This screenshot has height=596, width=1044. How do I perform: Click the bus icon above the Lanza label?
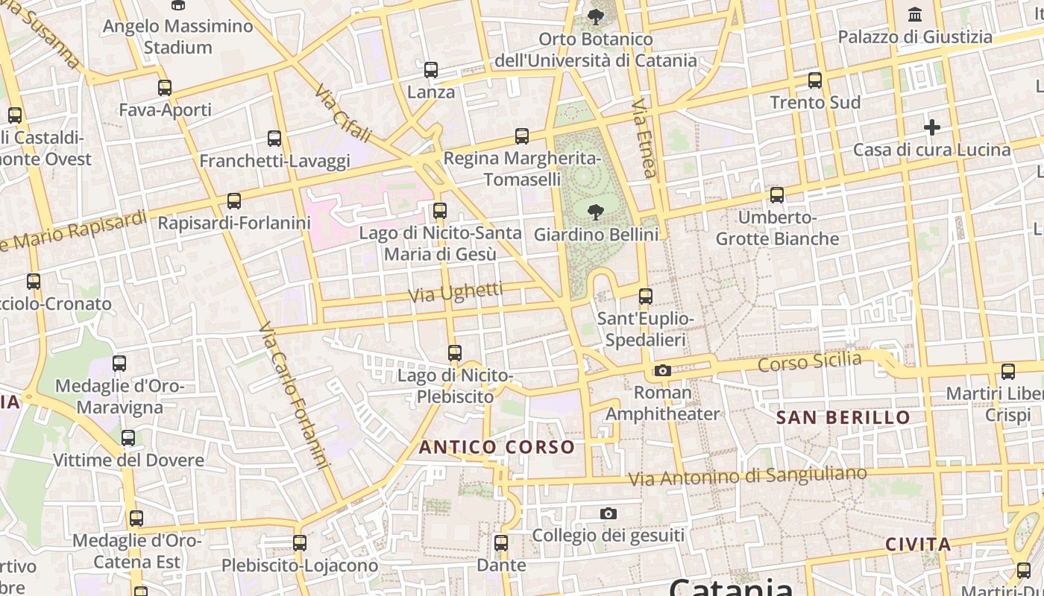(x=431, y=70)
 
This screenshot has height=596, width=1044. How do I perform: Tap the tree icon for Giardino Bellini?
(x=595, y=213)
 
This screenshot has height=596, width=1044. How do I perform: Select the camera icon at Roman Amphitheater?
(x=662, y=370)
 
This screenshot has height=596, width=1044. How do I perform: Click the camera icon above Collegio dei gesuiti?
(x=609, y=513)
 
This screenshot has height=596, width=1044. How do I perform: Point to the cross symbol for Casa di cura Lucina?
(x=931, y=127)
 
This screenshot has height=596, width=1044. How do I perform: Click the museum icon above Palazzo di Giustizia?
(x=914, y=14)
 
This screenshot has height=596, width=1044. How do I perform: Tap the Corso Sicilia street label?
(x=809, y=363)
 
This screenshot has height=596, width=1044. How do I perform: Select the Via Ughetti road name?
(x=456, y=293)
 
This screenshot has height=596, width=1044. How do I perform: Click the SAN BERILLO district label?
(x=843, y=417)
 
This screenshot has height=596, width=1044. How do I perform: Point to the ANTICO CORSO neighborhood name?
(x=497, y=447)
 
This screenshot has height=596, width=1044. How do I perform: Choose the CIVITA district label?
(x=918, y=545)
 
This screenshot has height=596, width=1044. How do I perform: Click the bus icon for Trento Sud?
(x=815, y=80)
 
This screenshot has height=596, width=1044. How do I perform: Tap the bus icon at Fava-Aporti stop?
(x=165, y=87)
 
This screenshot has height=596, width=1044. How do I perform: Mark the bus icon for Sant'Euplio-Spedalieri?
(x=646, y=297)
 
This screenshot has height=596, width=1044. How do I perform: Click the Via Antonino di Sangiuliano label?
(x=747, y=475)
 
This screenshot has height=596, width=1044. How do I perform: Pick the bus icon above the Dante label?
(x=501, y=543)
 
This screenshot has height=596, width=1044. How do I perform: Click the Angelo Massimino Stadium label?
(x=177, y=37)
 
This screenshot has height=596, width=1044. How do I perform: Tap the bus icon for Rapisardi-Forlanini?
(x=234, y=201)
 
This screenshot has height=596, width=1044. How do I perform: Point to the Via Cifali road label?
(x=343, y=113)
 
